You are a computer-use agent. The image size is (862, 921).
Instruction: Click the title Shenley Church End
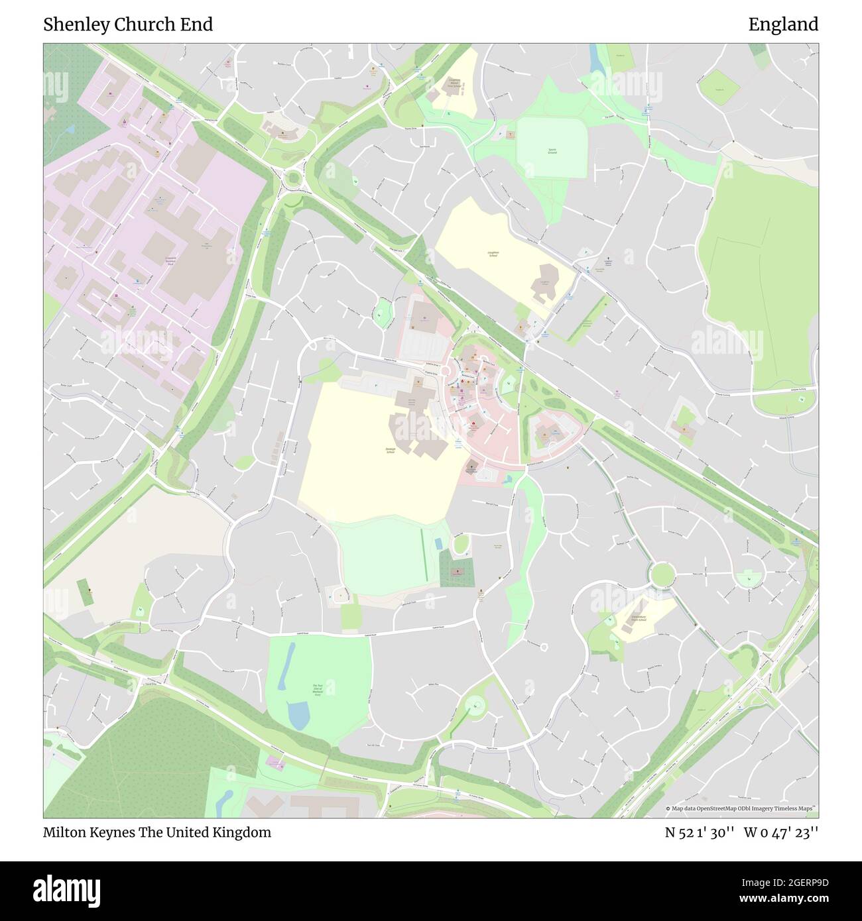point(128,25)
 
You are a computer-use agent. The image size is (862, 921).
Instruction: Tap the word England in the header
point(783,25)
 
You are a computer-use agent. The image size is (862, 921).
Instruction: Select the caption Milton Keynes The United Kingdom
point(157,832)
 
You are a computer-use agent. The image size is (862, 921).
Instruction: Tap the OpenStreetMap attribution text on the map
point(742,808)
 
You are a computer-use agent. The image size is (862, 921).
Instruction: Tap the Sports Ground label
point(552,151)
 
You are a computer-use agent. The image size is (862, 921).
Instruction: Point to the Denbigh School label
point(391,450)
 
